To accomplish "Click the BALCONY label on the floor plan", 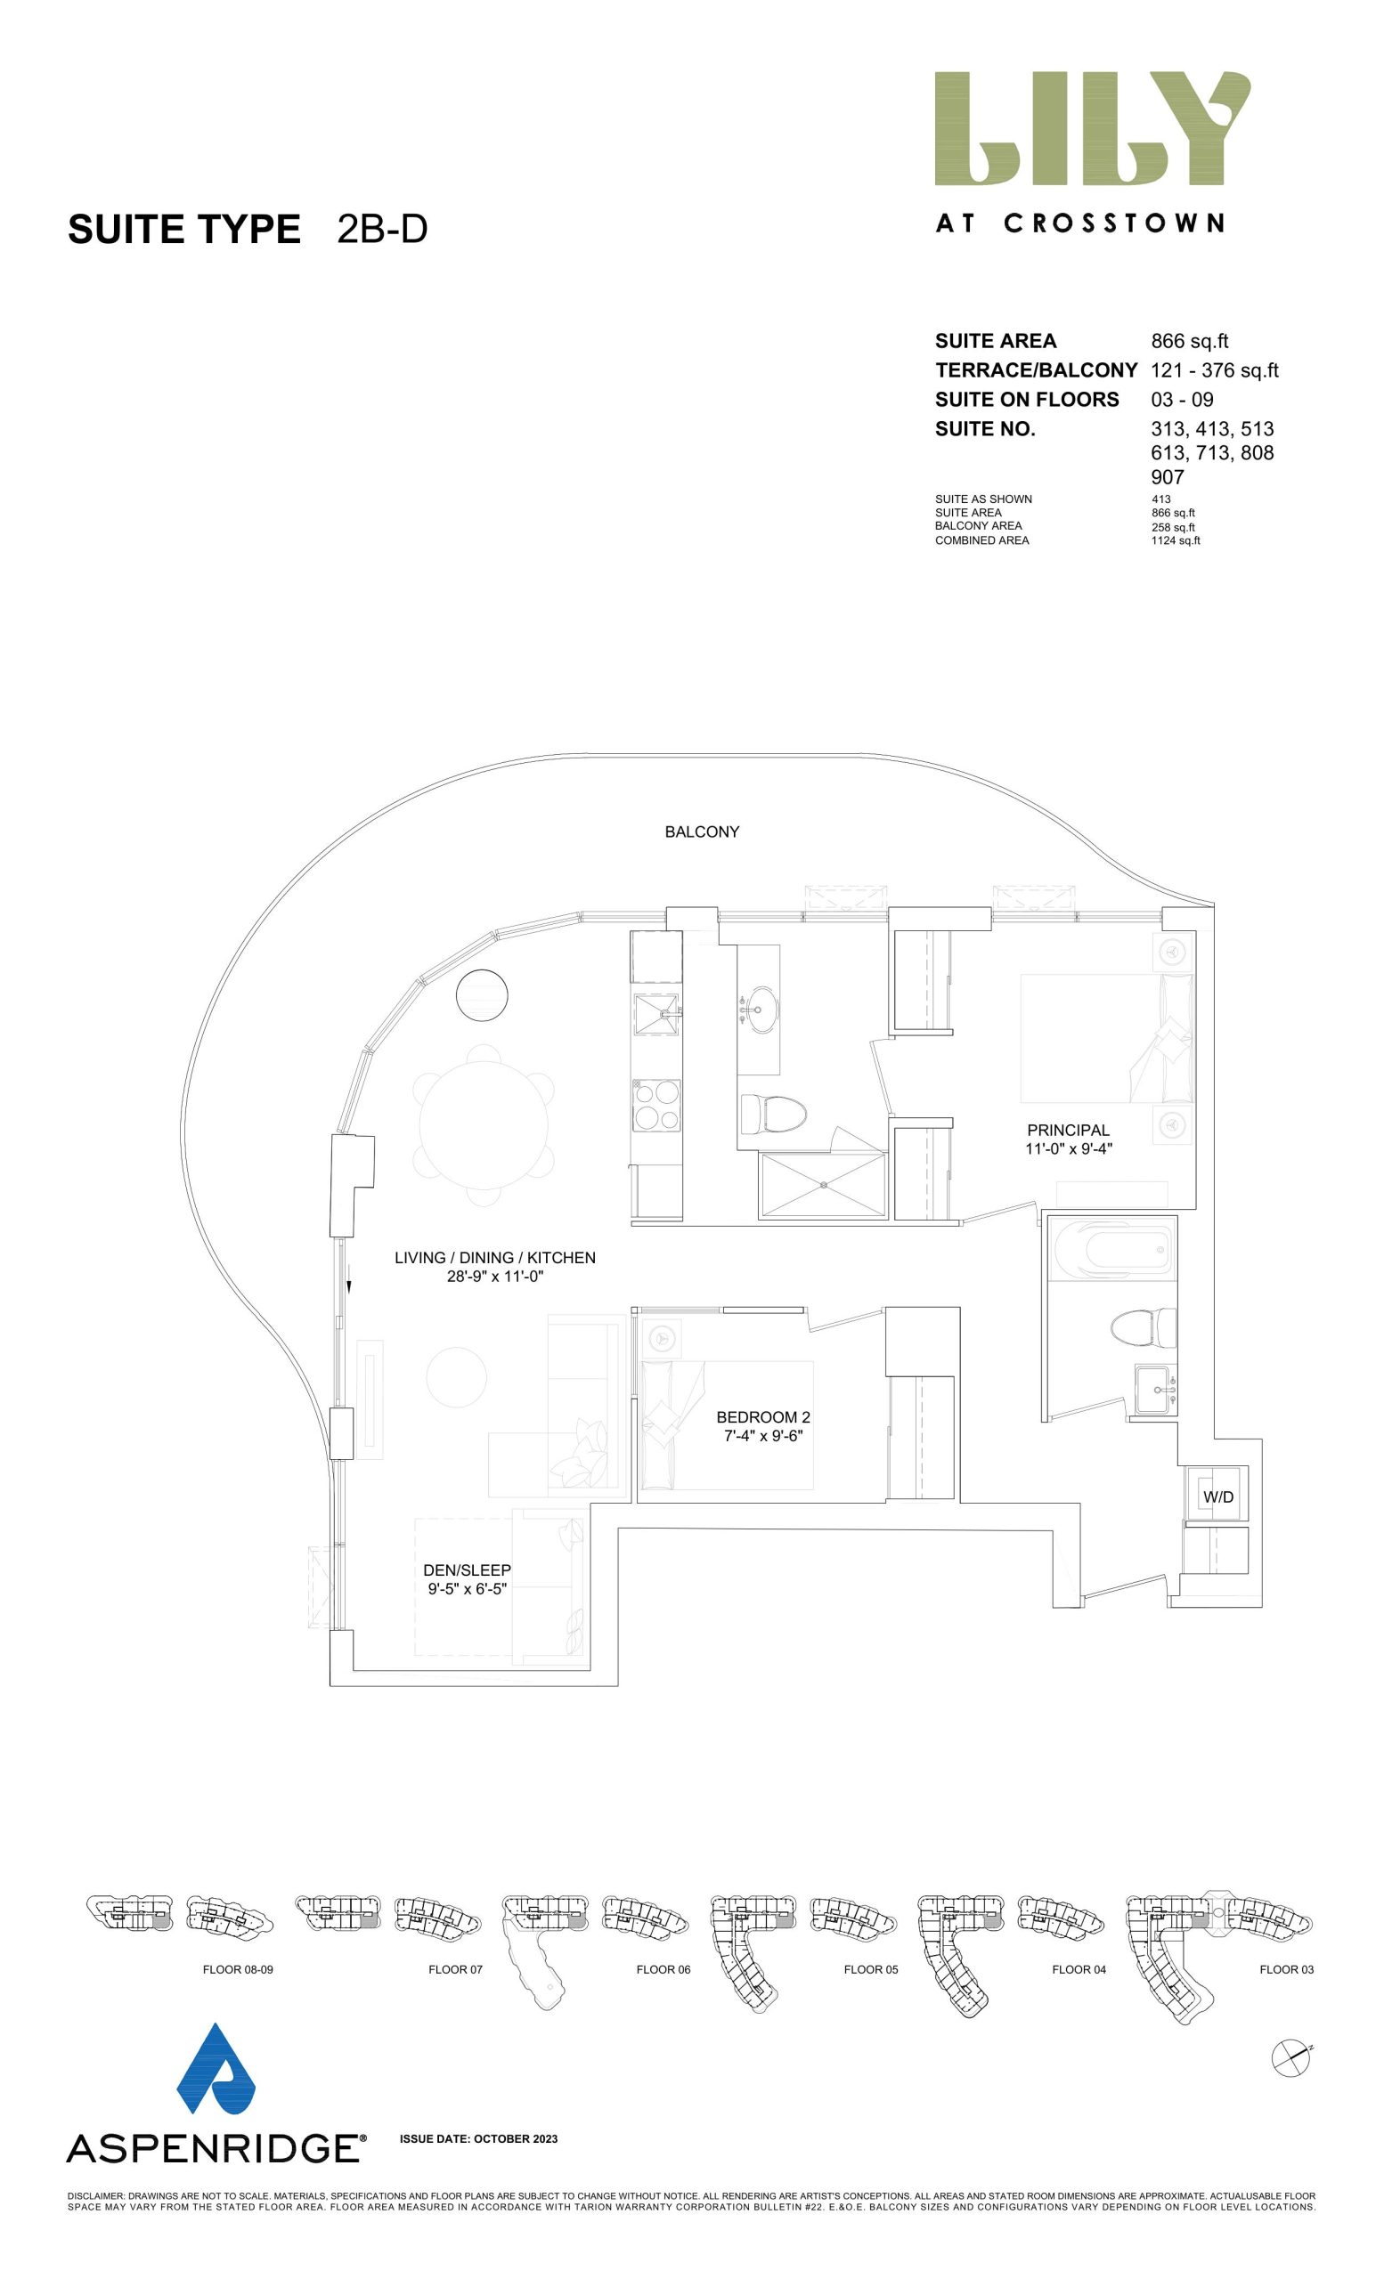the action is tap(701, 831).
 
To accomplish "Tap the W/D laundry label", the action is tap(1217, 1496).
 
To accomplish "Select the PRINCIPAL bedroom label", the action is tap(1068, 1130).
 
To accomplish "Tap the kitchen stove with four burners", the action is tap(655, 1107).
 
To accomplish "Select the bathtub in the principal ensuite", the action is tap(1112, 1250).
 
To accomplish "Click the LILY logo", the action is tap(1092, 128).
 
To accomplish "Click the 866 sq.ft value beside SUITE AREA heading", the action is tap(1189, 340).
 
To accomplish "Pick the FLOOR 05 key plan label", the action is tap(870, 1969).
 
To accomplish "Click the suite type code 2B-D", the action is tap(382, 230).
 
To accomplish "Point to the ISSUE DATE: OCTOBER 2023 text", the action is tap(478, 2138).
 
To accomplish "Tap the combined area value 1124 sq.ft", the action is tap(1175, 540).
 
